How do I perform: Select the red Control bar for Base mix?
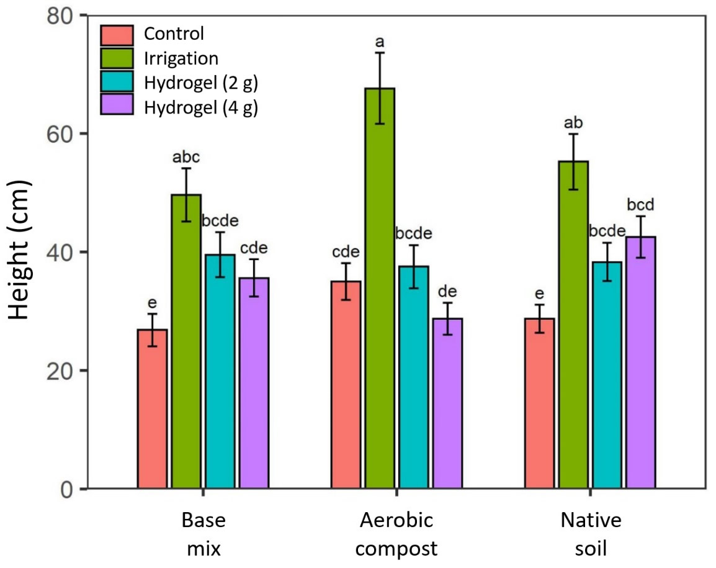(152, 409)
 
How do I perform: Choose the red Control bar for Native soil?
(540, 403)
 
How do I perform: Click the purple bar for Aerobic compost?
(447, 403)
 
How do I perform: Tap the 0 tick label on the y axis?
(67, 489)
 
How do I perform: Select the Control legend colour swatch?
(117, 34)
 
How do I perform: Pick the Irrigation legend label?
(181, 58)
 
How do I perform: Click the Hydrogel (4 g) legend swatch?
(117, 106)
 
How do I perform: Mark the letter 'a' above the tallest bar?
(380, 43)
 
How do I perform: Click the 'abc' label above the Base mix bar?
(186, 158)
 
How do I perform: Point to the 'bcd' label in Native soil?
(641, 205)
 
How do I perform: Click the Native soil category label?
(591, 534)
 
